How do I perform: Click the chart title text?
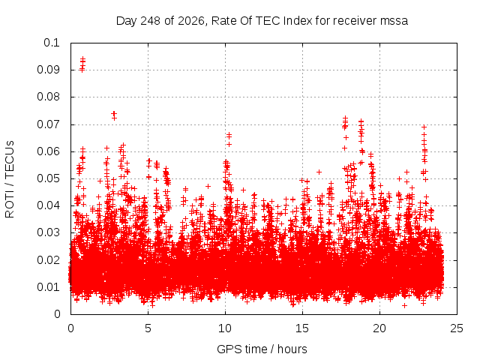pyautogui.click(x=262, y=21)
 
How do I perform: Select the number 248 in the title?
pyautogui.click(x=150, y=21)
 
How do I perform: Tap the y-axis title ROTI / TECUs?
pyautogui.click(x=10, y=179)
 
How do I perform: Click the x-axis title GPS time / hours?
pyautogui.click(x=262, y=349)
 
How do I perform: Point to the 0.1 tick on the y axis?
pyautogui.click(x=52, y=43)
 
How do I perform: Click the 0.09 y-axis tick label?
pyautogui.click(x=48, y=70)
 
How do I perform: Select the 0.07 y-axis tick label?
pyautogui.click(x=48, y=124)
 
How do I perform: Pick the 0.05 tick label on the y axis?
pyautogui.click(x=48, y=178)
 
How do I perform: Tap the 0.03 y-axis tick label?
pyautogui.click(x=48, y=232)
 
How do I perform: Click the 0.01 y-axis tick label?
pyautogui.click(x=48, y=287)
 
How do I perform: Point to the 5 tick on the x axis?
pyautogui.click(x=148, y=328)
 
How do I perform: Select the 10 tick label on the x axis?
pyautogui.click(x=225, y=328)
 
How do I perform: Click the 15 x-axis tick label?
pyautogui.click(x=302, y=328)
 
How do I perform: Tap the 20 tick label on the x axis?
pyautogui.click(x=379, y=328)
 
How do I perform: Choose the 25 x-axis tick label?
pyautogui.click(x=457, y=328)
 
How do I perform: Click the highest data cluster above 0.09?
pyautogui.click(x=82, y=64)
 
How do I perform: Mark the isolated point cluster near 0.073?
pyautogui.click(x=114, y=115)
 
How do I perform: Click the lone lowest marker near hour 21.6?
pyautogui.click(x=405, y=305)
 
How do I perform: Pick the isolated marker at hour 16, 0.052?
pyautogui.click(x=319, y=172)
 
